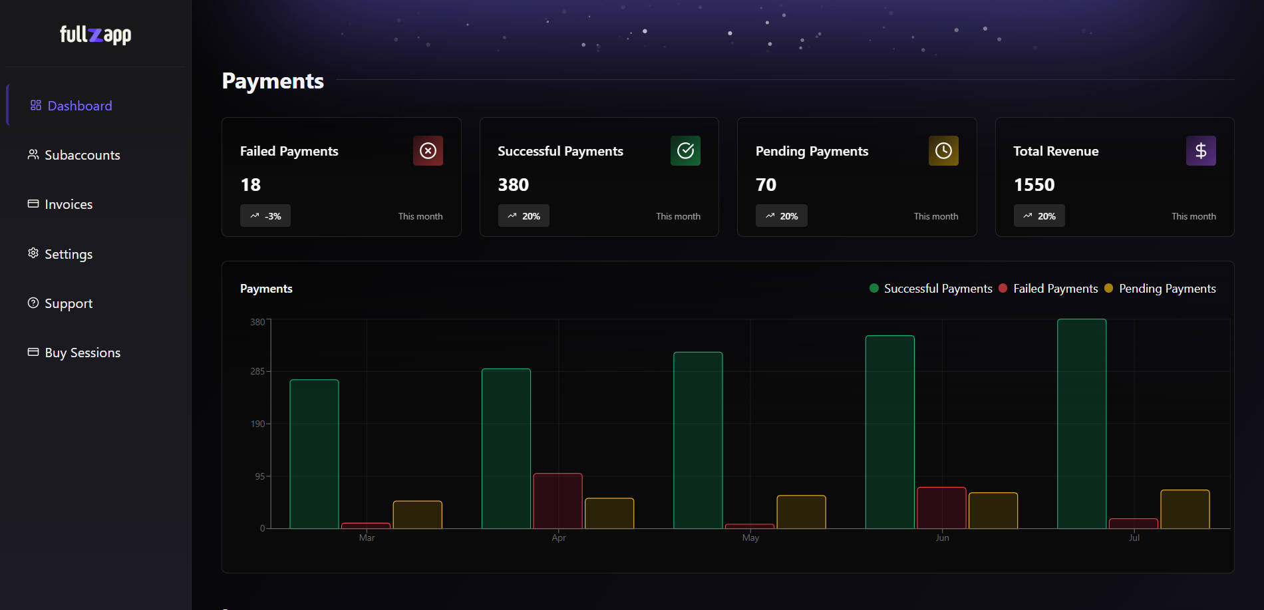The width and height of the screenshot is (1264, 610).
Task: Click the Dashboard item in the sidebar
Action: coord(79,106)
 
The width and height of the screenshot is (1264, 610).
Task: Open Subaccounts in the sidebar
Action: coord(82,155)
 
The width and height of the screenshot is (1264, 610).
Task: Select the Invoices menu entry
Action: coord(68,204)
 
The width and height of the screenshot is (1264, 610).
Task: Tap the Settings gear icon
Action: coord(33,253)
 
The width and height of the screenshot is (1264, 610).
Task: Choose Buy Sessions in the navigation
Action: coord(82,353)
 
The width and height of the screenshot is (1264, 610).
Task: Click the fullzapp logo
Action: coord(95,35)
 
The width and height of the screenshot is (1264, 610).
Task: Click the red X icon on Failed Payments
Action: coord(428,151)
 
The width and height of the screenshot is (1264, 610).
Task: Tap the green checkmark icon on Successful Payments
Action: coord(685,151)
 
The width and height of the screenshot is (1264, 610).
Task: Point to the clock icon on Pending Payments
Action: coord(943,151)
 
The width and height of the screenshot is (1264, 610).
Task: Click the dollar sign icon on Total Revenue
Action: coord(1201,151)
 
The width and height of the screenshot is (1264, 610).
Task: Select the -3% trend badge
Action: coord(265,216)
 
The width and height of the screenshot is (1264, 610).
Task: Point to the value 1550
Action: coord(1034,185)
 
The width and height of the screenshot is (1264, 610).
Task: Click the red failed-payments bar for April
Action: coord(557,501)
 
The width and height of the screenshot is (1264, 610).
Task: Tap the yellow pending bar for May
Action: coord(801,512)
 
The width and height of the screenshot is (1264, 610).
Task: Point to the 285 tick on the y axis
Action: coord(257,371)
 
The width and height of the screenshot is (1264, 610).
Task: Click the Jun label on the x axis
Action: coord(942,538)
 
